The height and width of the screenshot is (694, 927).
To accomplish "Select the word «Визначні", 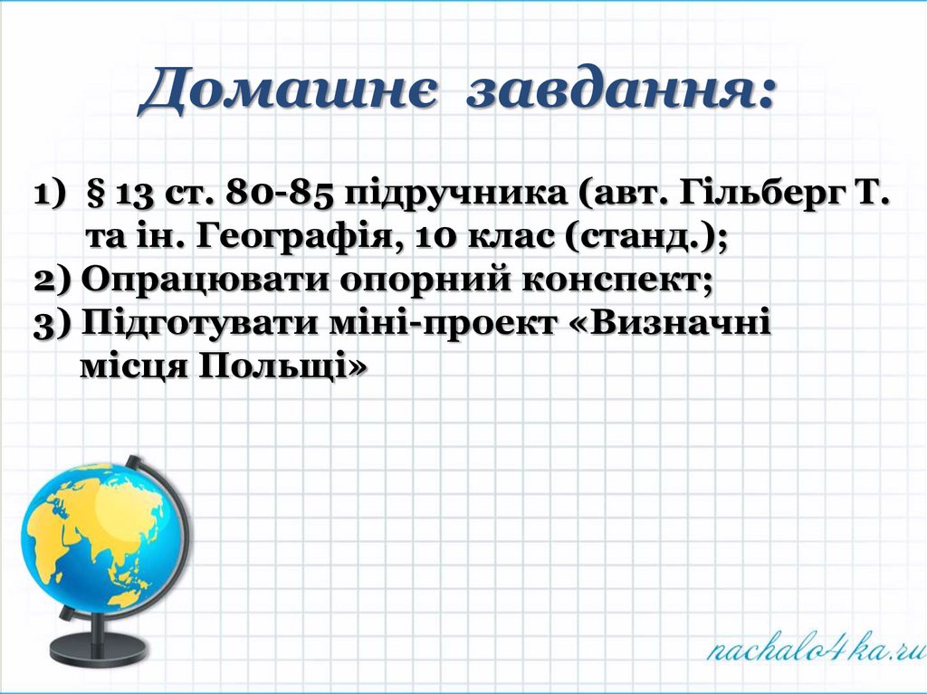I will pos(671,324).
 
